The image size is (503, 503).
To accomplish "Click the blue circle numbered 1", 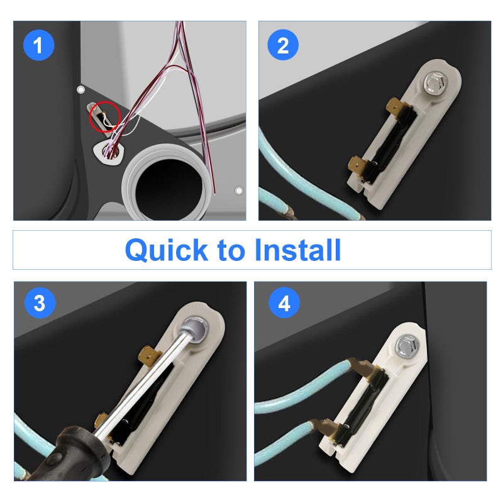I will (38, 45).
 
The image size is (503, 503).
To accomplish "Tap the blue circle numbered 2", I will (283, 45).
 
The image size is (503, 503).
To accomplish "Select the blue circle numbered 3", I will (39, 304).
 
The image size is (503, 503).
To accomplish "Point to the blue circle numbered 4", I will (284, 304).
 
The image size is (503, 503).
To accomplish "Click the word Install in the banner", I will (297, 250).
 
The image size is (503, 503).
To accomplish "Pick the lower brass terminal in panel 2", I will (359, 167).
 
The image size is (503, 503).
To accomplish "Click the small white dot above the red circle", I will (80, 90).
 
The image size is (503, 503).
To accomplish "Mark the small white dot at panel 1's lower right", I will (238, 191).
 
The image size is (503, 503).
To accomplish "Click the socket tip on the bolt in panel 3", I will (194, 328).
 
